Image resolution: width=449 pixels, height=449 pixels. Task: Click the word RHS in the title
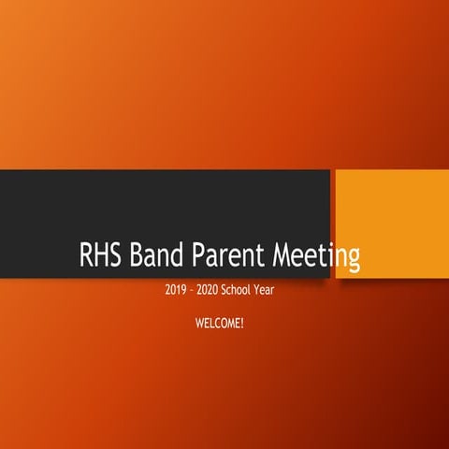(x=100, y=254)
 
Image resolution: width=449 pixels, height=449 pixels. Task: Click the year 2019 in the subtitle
(x=175, y=291)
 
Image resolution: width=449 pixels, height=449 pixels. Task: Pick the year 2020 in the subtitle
(x=210, y=291)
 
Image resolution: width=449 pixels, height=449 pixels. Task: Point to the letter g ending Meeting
(x=353, y=258)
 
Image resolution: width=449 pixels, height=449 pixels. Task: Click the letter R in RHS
(x=85, y=254)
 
